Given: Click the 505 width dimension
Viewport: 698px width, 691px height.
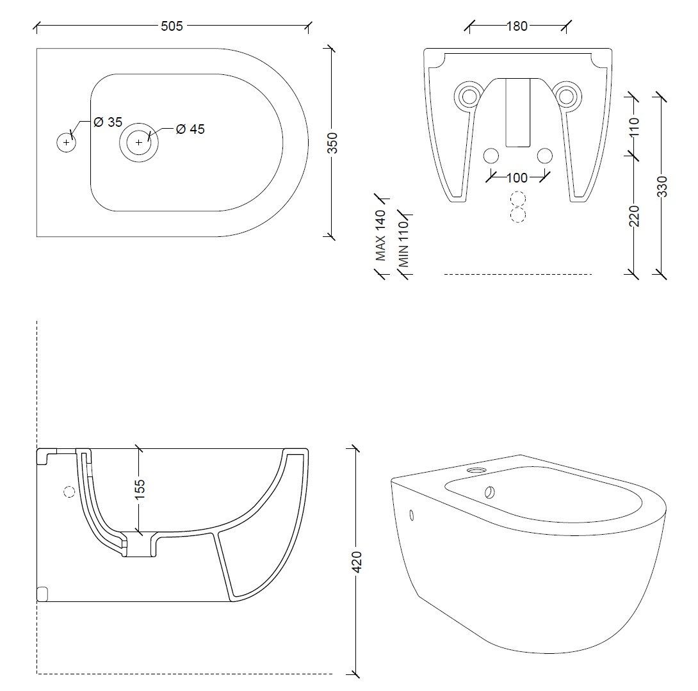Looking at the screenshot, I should pos(172,26).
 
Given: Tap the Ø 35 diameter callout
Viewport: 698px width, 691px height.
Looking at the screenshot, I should pos(108,122).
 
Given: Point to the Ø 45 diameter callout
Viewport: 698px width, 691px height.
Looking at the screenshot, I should pos(190,129).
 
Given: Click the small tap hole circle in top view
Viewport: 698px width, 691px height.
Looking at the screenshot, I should pos(66,142).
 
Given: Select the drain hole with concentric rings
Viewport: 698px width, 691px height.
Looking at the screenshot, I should pos(139,142).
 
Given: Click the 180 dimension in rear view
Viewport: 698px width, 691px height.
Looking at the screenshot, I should pos(517,26).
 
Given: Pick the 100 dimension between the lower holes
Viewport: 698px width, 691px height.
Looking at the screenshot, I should pos(517,177).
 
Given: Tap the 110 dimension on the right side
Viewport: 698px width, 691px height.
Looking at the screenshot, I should pos(635,126).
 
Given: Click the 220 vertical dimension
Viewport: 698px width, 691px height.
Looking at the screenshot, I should pos(635,216).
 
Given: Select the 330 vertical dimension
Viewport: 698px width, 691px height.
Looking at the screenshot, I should pos(661,186).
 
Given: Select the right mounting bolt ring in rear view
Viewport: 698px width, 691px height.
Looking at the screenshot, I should pos(565,96).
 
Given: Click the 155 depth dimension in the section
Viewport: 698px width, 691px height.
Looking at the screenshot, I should pos(140,488).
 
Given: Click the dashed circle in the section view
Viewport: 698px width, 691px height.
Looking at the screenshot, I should pos(70,492).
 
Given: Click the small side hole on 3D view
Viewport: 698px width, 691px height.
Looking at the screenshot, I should pos(411,515).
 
